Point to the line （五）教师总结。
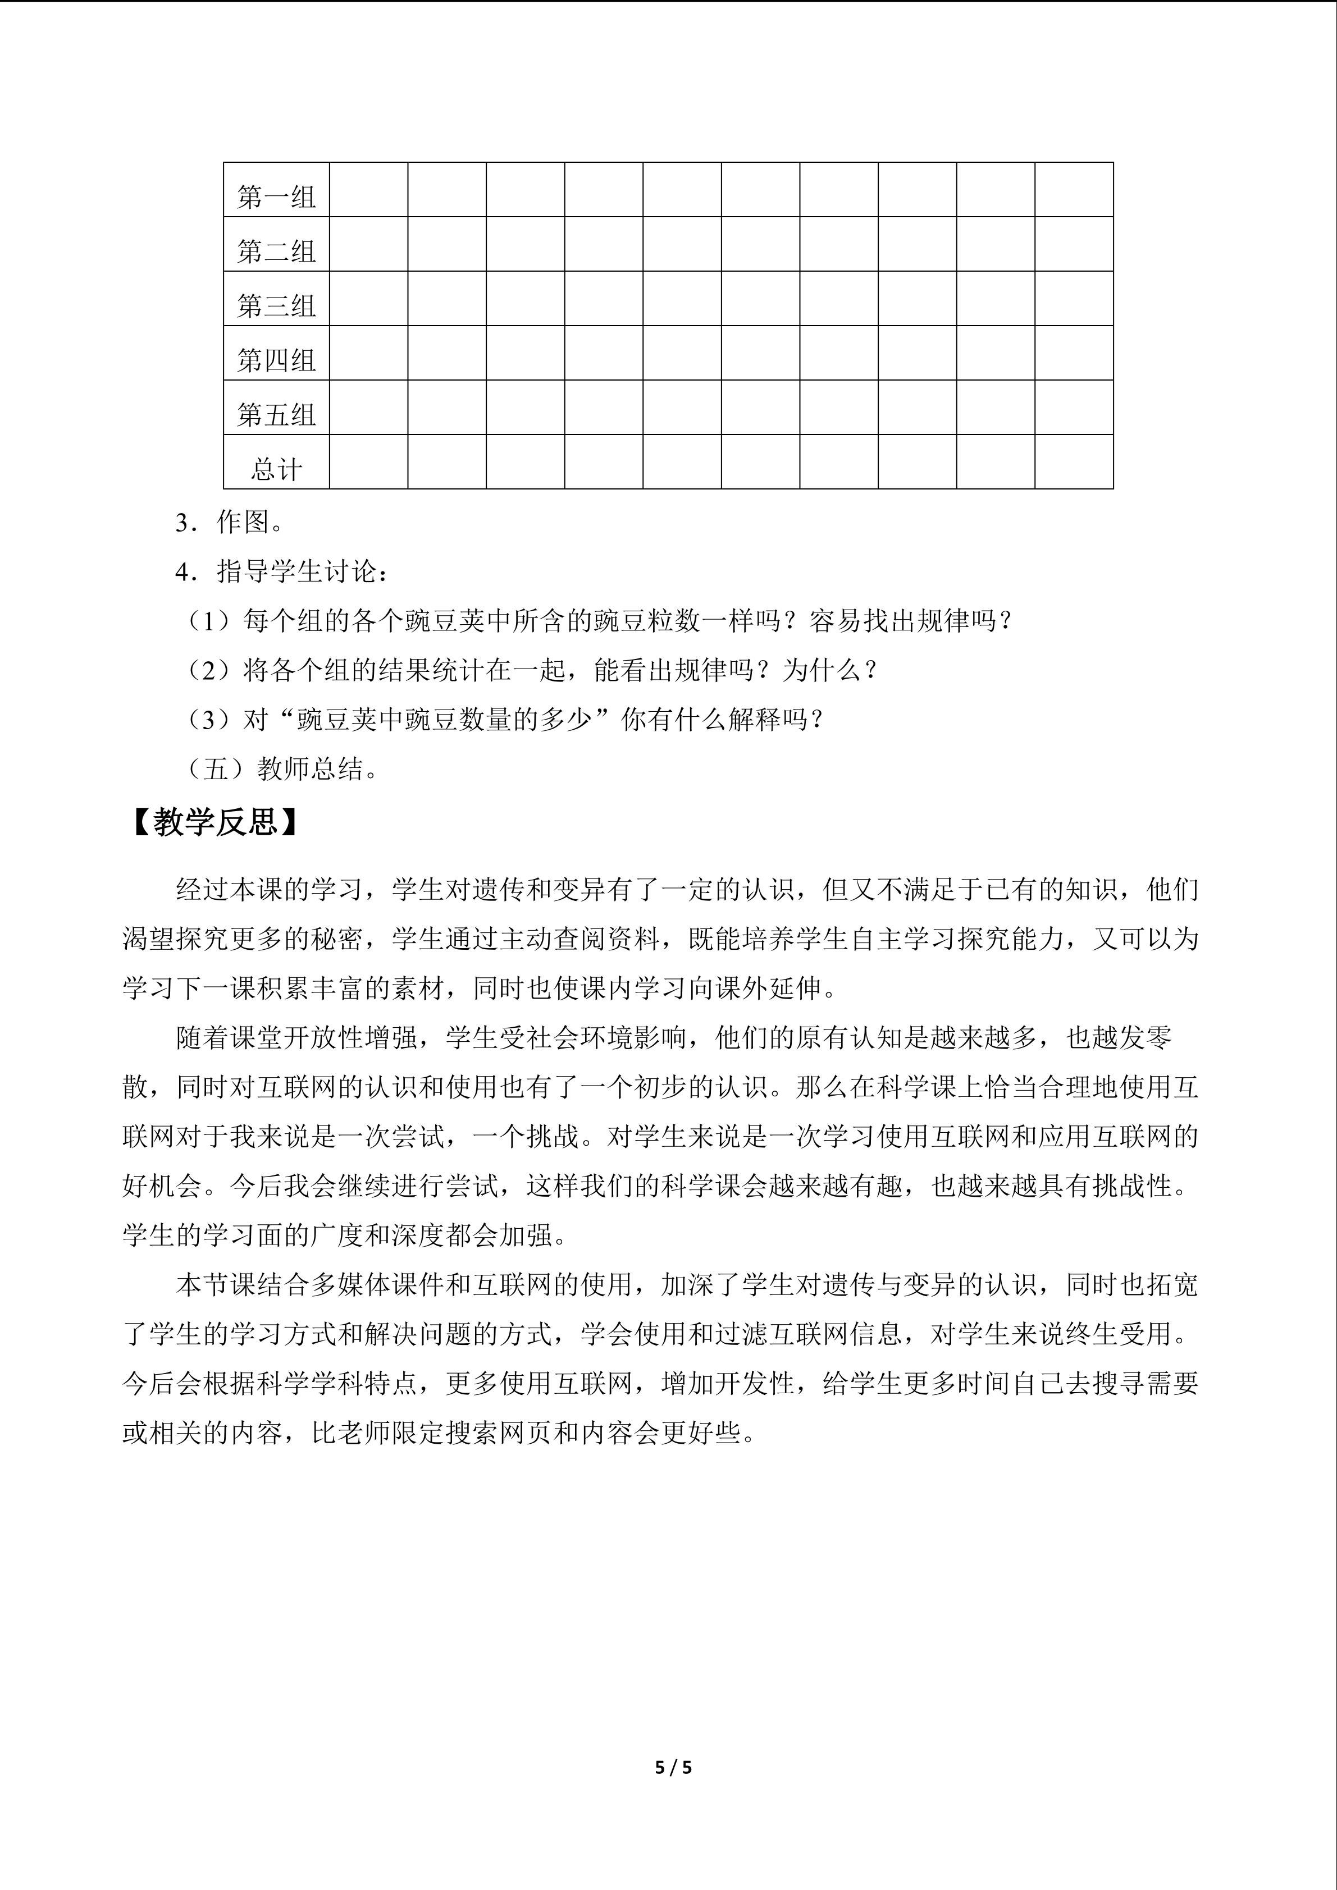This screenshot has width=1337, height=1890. pyautogui.click(x=280, y=769)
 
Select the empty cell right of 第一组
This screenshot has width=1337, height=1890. pyautogui.click(x=368, y=189)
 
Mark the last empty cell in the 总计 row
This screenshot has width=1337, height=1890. pyautogui.click(x=1074, y=462)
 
